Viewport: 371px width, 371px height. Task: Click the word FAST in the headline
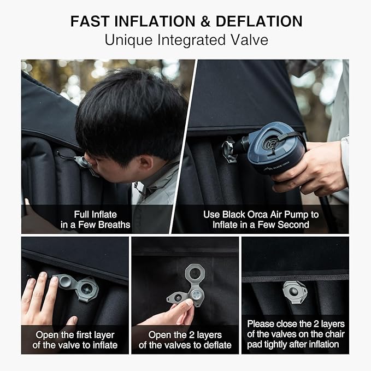[90, 21]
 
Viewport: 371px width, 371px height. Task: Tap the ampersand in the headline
[205, 21]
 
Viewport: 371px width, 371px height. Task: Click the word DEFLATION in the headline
[259, 21]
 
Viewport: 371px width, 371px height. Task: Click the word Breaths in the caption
[114, 225]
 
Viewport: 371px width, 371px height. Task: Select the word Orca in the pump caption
[257, 215]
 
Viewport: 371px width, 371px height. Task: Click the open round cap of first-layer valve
[64, 281]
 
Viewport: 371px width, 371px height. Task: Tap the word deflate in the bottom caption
[217, 345]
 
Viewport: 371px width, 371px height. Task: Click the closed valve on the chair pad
[295, 292]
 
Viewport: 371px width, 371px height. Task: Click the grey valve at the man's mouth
[81, 162]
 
